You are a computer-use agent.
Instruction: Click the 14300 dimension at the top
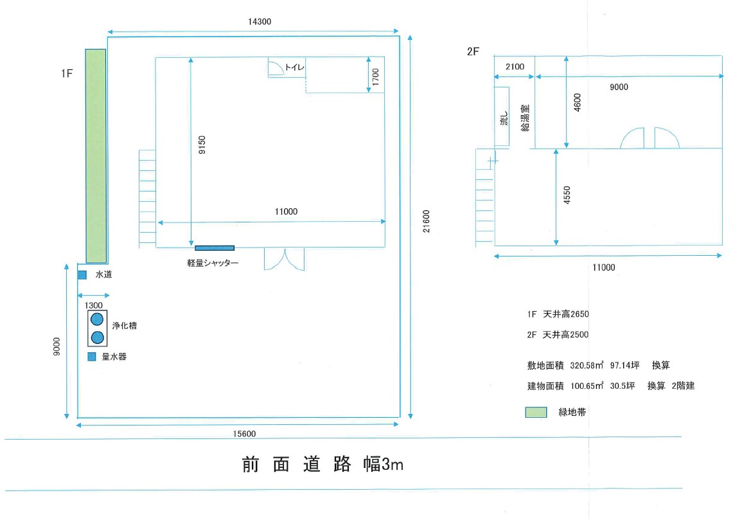(260, 21)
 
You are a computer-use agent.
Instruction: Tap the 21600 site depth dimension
(427, 221)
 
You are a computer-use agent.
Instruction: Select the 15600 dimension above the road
(245, 433)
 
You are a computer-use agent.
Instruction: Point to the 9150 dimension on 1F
(202, 145)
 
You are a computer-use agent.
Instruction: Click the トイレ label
(294, 67)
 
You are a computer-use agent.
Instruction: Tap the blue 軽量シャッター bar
(215, 248)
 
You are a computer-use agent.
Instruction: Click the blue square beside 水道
(82, 275)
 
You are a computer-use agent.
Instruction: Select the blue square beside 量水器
(92, 357)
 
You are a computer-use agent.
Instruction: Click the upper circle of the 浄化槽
(97, 319)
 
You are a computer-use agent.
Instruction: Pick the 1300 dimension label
(94, 305)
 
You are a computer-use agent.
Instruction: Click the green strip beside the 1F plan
(96, 156)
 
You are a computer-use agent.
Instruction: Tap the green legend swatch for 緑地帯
(536, 412)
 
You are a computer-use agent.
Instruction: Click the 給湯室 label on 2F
(525, 118)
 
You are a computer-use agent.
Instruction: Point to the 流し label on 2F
(504, 118)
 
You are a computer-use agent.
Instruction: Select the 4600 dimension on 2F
(578, 102)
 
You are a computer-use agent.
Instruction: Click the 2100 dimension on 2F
(515, 66)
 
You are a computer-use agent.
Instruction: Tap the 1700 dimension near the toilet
(375, 76)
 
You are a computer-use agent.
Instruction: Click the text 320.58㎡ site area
(587, 365)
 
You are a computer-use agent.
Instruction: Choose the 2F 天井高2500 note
(558, 334)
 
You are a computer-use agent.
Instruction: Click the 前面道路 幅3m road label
(322, 464)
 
